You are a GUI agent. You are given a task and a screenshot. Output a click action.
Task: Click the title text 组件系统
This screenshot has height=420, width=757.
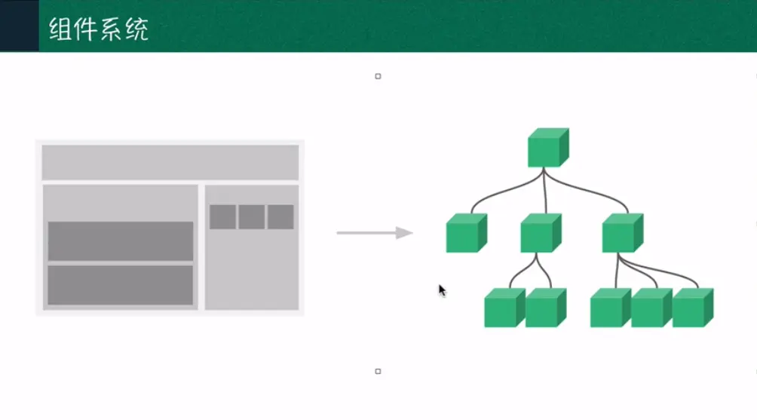(x=99, y=29)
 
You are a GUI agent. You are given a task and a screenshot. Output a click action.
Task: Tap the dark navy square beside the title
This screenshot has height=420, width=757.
(x=19, y=26)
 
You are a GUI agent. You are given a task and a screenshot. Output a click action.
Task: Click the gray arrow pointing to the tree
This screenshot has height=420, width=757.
(x=375, y=233)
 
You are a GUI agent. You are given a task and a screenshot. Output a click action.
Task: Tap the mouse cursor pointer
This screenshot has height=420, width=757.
(x=442, y=290)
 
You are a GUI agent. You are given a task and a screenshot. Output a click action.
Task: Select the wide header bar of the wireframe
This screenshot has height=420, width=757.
(x=170, y=162)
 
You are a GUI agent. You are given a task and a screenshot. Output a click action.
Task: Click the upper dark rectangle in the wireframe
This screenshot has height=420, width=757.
(x=121, y=241)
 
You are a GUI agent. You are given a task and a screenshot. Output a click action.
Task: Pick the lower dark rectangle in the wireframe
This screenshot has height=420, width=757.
(x=121, y=285)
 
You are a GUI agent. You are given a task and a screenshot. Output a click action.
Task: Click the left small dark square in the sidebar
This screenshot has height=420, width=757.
(x=222, y=217)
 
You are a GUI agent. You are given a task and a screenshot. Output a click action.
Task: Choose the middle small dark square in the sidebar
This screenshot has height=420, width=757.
(x=252, y=217)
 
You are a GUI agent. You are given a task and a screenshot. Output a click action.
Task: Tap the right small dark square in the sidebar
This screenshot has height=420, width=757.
(x=280, y=217)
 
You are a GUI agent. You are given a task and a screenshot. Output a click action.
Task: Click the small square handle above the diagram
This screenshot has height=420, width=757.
(x=378, y=76)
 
